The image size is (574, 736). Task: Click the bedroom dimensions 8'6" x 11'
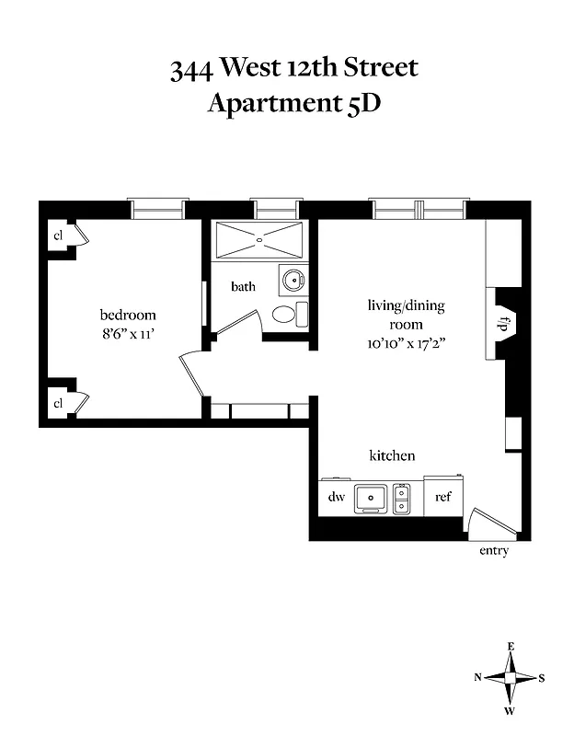point(127,334)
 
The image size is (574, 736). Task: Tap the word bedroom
point(127,315)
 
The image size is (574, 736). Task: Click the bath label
point(243,286)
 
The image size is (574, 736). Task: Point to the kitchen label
point(392,455)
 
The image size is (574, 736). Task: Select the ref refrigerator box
point(443,498)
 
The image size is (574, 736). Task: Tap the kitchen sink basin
point(372,498)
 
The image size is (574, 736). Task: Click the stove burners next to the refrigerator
point(401,498)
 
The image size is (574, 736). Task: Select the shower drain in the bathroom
point(259,238)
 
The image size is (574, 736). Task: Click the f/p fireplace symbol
point(504,325)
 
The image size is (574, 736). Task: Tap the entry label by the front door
point(493,551)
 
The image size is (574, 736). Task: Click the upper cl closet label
point(58,236)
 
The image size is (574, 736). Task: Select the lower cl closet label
point(58,402)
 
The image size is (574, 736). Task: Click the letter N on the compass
point(478,677)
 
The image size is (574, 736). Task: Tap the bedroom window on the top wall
point(158,210)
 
